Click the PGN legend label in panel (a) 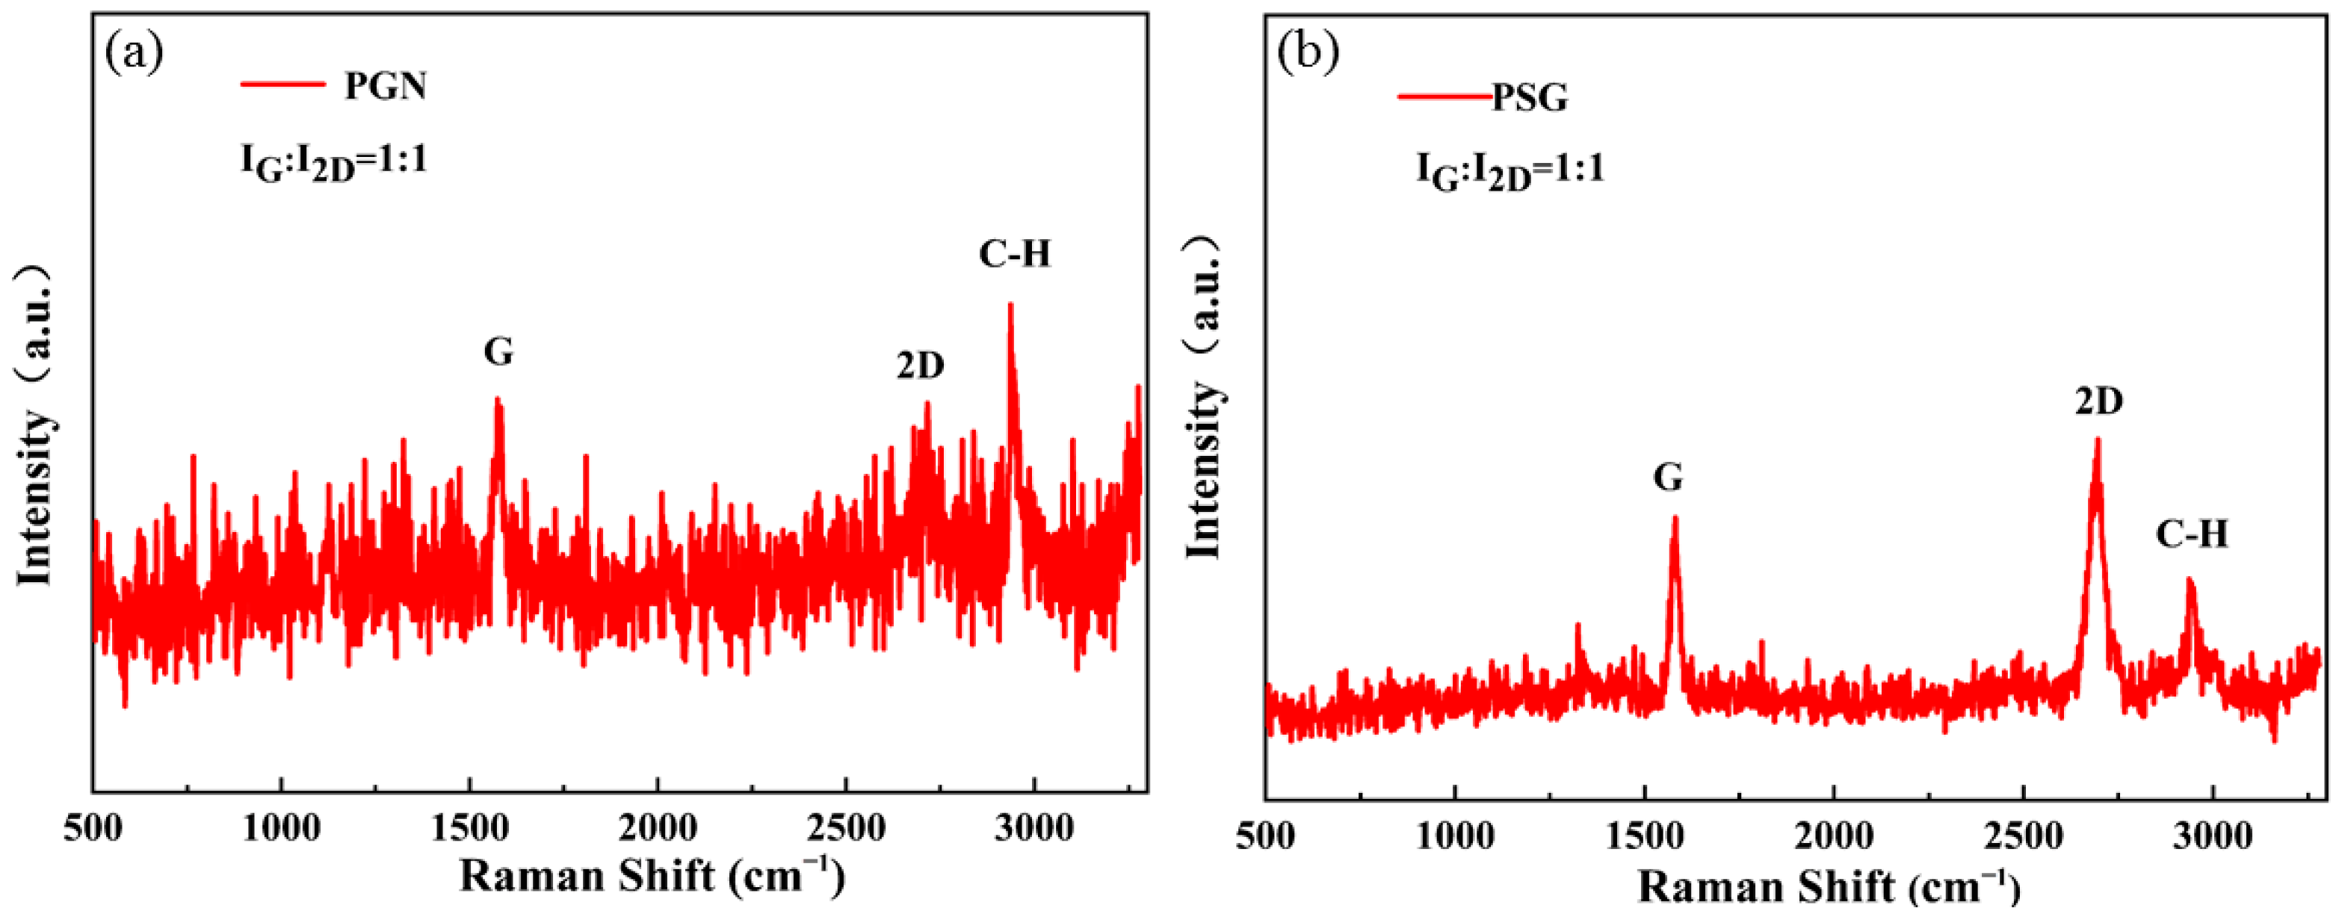coord(385,85)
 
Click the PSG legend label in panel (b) coord(1530,97)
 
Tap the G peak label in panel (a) coord(498,351)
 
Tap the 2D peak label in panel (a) coord(921,365)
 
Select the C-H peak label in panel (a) coord(1014,254)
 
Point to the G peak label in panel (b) coord(1668,477)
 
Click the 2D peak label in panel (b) coord(2099,401)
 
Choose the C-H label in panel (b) coord(2192,534)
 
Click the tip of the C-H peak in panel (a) coord(1010,305)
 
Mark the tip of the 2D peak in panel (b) coord(2098,439)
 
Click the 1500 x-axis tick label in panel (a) coord(469,828)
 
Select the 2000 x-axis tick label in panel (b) coord(1833,836)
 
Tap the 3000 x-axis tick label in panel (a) coord(1033,828)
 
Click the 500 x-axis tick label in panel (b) coord(1265,836)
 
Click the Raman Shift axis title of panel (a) coord(652,876)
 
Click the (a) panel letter coord(135,52)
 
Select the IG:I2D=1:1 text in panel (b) coord(1510,170)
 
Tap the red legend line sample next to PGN coord(282,84)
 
